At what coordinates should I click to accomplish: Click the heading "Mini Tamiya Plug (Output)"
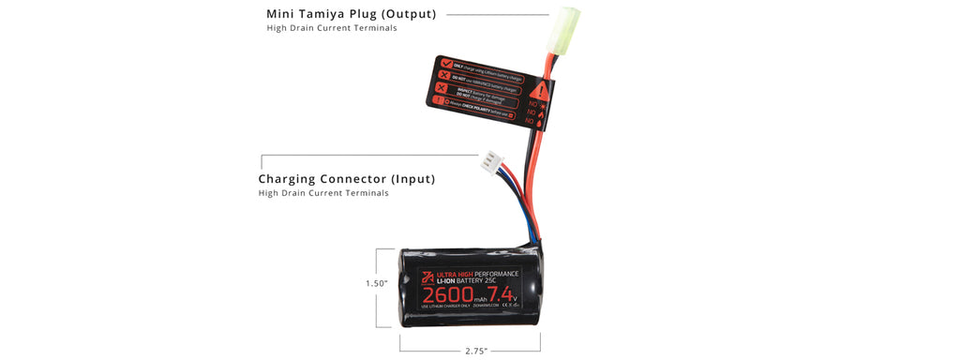tap(352, 14)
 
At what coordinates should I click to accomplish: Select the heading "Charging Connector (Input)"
tap(347, 178)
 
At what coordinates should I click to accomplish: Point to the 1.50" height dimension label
tap(377, 283)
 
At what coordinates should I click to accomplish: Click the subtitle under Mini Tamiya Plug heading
tap(331, 28)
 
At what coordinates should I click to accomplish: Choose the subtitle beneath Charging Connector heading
tap(323, 193)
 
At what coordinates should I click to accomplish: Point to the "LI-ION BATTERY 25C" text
tap(469, 281)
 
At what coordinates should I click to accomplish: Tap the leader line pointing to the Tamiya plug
tap(497, 14)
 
